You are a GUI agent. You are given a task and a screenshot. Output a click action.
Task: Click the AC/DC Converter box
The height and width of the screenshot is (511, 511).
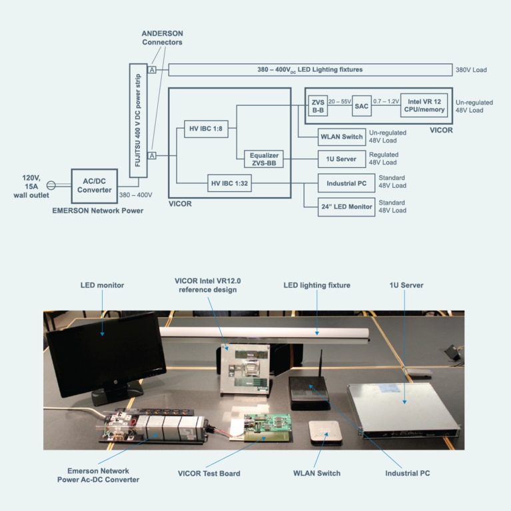[94, 186]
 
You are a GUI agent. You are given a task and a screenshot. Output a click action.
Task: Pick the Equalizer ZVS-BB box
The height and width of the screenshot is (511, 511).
[264, 159]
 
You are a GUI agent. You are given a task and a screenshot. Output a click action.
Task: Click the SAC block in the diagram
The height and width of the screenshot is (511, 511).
[361, 106]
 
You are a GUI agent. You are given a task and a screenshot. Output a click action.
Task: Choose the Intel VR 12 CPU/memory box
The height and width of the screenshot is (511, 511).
[424, 106]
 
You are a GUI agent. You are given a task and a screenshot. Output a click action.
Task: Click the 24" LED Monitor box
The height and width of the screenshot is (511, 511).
[346, 207]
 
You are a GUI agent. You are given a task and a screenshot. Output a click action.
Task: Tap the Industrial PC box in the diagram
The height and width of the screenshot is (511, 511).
[346, 183]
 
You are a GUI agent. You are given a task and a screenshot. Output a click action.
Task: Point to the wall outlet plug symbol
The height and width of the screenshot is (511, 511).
[50, 186]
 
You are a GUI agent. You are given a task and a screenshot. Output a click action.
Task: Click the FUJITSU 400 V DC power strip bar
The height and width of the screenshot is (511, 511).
[137, 120]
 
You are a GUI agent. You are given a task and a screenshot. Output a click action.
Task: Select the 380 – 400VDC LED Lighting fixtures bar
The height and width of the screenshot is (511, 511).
[310, 69]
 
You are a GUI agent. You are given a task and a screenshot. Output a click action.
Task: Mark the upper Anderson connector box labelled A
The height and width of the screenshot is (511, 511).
[152, 69]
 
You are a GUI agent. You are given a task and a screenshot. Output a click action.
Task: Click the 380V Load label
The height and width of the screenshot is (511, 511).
[472, 69]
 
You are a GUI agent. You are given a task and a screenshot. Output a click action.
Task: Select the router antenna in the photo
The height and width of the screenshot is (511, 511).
[320, 364]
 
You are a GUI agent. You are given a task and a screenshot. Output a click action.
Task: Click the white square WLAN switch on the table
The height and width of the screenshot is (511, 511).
[326, 434]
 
